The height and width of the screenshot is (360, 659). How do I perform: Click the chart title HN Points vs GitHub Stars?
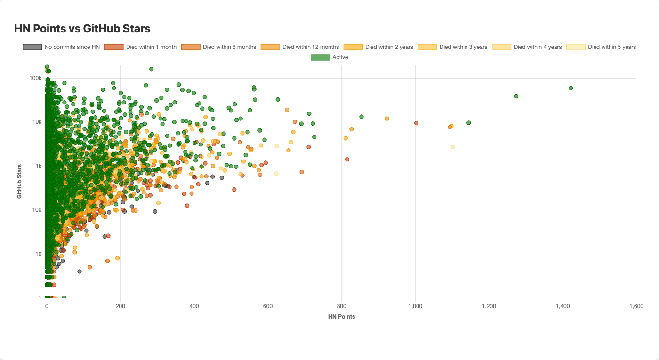[x=82, y=29]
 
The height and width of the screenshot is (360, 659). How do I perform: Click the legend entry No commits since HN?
[x=61, y=47]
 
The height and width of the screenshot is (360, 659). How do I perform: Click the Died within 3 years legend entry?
[x=453, y=47]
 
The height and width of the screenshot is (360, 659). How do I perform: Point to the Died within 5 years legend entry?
[x=601, y=47]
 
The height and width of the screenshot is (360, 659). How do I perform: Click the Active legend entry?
[x=329, y=57]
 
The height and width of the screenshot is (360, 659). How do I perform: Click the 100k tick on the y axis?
[x=36, y=78]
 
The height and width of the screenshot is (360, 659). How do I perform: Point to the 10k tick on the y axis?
[x=37, y=122]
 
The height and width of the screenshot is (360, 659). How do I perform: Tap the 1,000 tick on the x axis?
[x=415, y=306]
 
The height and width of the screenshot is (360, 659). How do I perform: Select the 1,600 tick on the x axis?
[x=636, y=306]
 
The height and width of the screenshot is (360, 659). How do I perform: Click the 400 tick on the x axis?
[x=194, y=306]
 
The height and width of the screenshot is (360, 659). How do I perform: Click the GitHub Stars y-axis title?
[x=19, y=181]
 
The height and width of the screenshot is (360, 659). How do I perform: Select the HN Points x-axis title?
[x=341, y=317]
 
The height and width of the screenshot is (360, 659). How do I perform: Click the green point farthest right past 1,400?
[x=571, y=88]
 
